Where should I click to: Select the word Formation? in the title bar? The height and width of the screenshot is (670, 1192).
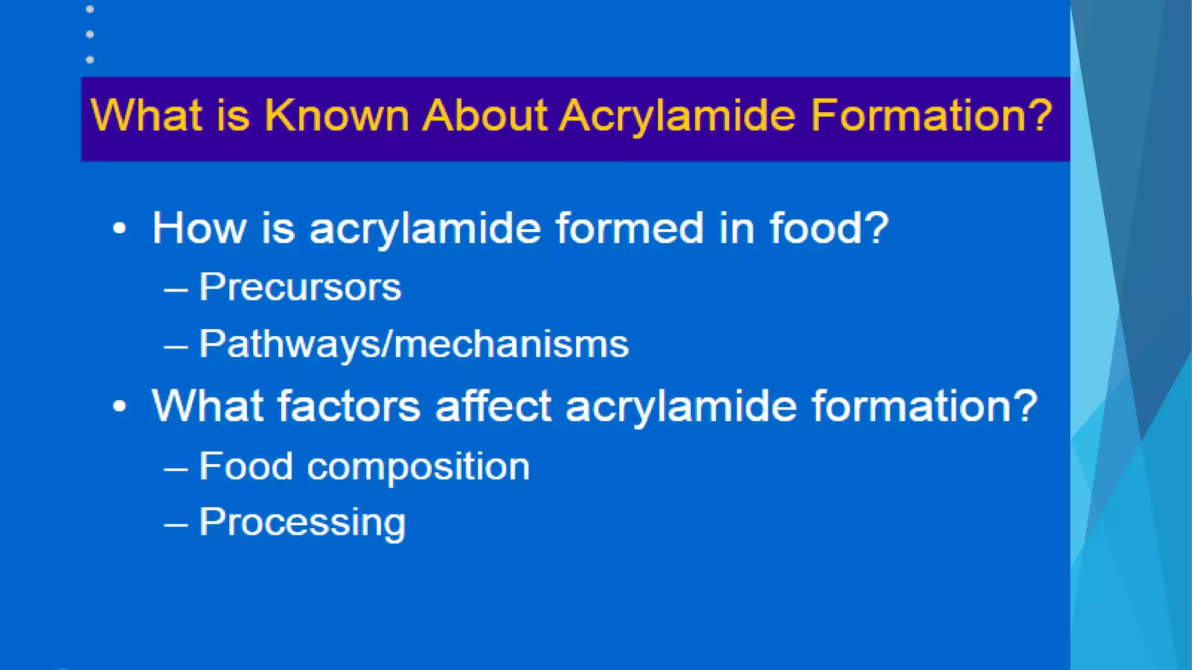[x=931, y=115]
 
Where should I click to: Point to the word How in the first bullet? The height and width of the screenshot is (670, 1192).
[x=199, y=228]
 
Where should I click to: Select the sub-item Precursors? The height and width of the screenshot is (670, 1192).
[x=300, y=287]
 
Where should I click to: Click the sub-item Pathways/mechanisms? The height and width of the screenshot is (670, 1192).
[x=414, y=344]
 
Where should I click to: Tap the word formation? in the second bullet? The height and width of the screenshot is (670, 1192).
[x=925, y=405]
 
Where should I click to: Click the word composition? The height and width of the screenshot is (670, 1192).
[x=418, y=467]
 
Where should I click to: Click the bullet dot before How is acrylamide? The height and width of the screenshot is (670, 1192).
[x=119, y=229]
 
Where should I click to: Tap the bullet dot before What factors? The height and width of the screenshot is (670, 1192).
[x=119, y=406]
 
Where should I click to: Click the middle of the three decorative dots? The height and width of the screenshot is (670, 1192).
[x=90, y=34]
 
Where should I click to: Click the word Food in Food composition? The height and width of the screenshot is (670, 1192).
[x=246, y=466]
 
